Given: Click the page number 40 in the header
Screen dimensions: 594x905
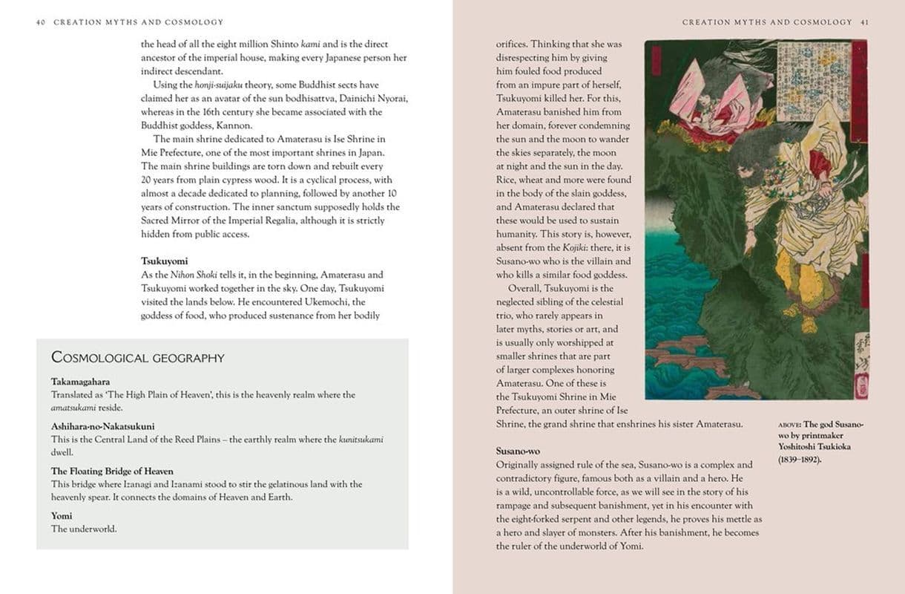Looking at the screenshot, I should (x=41, y=22).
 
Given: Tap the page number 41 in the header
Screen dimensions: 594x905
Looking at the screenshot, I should (x=864, y=22).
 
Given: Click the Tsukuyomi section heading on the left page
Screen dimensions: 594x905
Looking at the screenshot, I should (x=165, y=261).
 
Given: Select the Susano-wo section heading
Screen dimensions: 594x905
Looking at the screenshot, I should (x=518, y=451).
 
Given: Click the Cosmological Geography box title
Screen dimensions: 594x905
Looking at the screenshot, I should (x=138, y=358).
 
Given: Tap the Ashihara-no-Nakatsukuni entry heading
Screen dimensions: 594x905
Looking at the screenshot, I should (x=103, y=427).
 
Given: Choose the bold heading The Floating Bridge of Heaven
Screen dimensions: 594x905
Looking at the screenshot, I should (x=112, y=471).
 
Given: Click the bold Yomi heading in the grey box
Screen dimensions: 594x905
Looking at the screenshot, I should (x=62, y=516).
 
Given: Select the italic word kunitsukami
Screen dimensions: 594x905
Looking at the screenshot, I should (x=361, y=440).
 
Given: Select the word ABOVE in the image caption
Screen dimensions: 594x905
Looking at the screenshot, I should (x=789, y=425).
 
